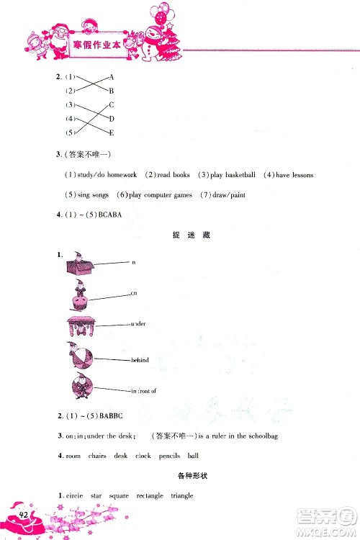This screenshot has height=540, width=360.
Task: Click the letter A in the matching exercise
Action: point(112,76)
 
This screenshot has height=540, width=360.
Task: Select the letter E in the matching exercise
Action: point(112,132)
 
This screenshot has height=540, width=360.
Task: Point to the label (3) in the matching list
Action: point(70,105)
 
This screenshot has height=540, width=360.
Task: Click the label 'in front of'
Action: point(143,391)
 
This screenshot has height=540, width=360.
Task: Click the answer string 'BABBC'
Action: point(107,417)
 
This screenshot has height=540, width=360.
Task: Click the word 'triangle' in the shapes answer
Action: point(181,496)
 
